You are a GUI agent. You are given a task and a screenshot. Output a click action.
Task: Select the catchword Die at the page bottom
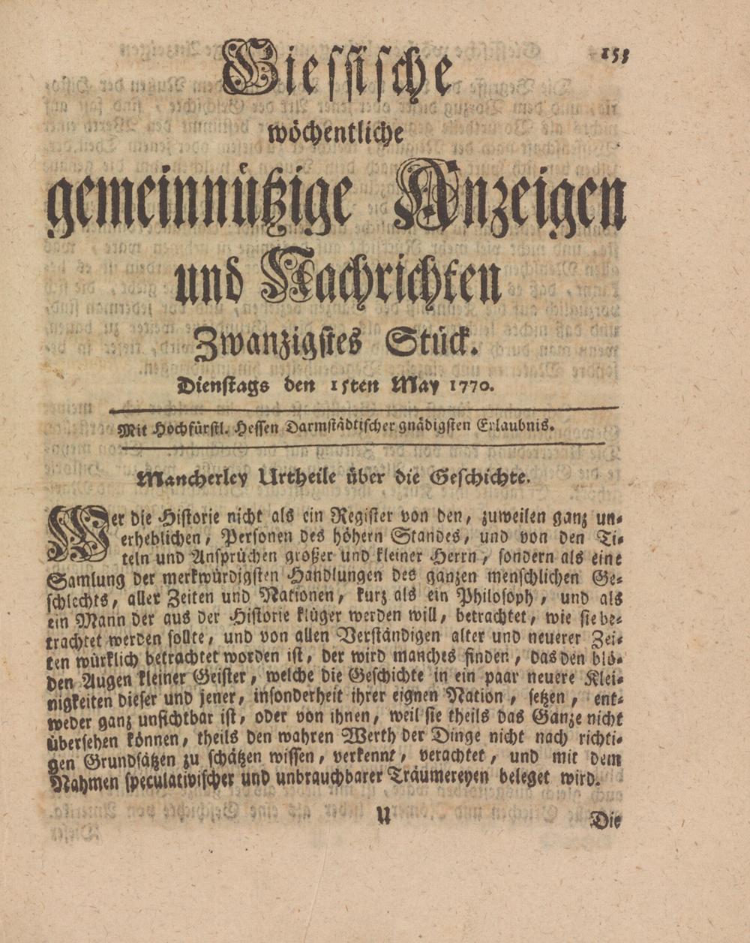(x=605, y=821)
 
